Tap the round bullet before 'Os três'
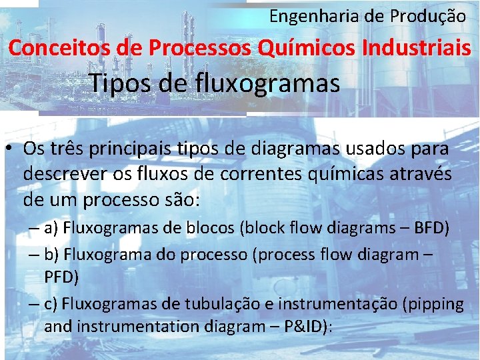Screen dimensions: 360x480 point(12,151)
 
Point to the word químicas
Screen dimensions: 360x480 point(351,175)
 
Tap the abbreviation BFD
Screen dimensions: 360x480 point(432,229)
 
